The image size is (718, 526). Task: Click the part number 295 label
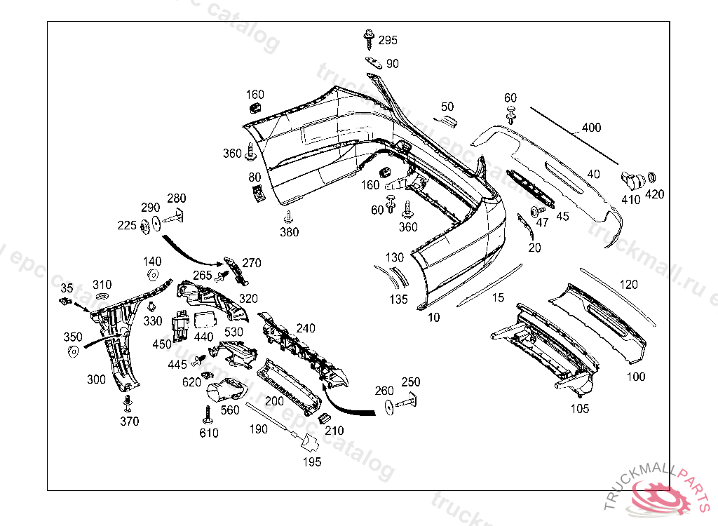coord(388,40)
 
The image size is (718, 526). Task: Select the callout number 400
coord(591,128)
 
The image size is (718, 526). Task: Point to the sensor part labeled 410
coord(630,180)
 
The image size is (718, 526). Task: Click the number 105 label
coord(580,409)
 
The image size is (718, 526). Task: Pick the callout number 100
coord(635,377)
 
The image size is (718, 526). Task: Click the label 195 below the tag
coord(312,461)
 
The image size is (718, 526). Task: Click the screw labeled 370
coord(128,403)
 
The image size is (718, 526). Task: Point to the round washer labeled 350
coord(73,351)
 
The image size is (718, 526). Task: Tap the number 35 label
coord(67,288)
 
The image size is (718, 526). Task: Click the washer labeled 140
coord(154,274)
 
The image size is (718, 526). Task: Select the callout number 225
coord(127,225)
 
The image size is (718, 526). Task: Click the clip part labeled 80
coord(258,191)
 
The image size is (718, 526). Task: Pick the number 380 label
coord(289,232)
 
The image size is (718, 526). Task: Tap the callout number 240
coord(306,328)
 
